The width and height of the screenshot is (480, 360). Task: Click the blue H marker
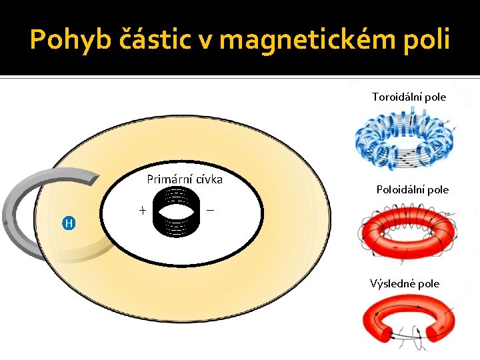tap(69, 223)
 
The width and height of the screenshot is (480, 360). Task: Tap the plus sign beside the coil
tap(142, 211)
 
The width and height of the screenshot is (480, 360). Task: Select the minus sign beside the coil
tap(211, 210)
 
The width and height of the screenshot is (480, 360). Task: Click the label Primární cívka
tap(184, 179)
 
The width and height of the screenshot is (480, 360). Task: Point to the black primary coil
tap(176, 211)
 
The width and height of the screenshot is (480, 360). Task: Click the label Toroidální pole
tap(409, 97)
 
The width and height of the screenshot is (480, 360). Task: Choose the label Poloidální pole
tap(413, 189)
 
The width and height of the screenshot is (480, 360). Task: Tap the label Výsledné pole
tap(405, 283)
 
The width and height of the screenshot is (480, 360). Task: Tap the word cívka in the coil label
tap(207, 179)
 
